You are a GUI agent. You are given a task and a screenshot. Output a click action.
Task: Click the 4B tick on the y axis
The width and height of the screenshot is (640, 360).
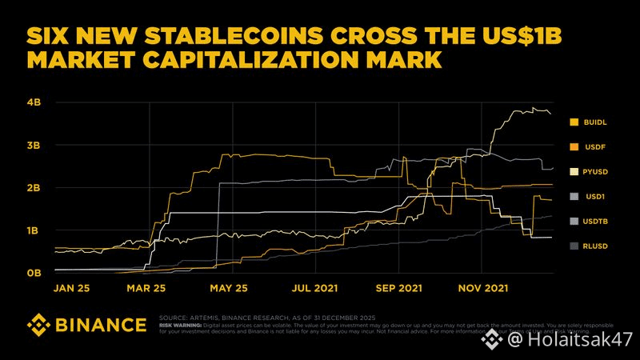(x=34, y=103)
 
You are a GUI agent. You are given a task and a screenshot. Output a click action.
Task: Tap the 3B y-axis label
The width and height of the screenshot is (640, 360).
(x=34, y=146)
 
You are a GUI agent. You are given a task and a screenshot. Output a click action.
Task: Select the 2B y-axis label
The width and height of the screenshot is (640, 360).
(x=34, y=188)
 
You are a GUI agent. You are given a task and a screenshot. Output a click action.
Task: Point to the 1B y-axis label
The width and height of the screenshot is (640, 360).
(x=34, y=230)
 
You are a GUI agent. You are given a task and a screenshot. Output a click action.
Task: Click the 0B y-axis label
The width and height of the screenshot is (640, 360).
(x=34, y=273)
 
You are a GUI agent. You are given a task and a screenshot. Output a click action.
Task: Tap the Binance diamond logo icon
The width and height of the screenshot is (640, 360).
(x=39, y=325)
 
